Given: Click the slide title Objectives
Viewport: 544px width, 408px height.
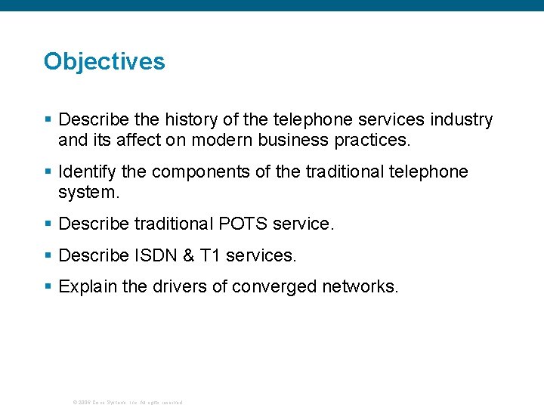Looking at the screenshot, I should [x=104, y=61].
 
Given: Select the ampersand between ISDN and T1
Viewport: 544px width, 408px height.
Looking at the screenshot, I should [x=189, y=255].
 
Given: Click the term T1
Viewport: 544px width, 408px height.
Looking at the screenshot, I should [x=210, y=255].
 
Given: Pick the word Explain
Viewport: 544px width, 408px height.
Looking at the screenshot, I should [x=85, y=287].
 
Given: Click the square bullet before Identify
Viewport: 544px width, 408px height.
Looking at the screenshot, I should [x=48, y=172].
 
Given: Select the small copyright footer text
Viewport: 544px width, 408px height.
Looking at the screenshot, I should [x=127, y=402].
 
